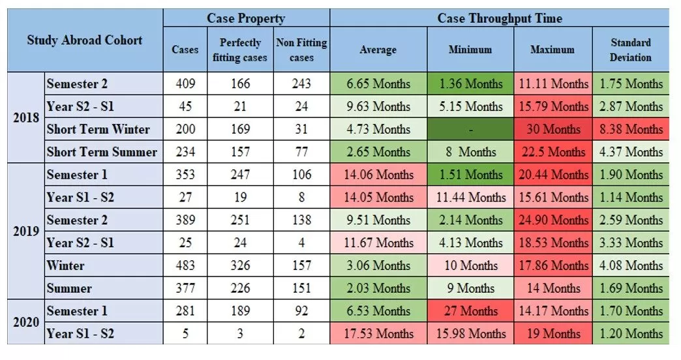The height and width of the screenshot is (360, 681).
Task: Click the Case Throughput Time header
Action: pyautogui.click(x=499, y=18)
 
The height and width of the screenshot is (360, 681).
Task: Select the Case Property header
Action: pyautogui.click(x=246, y=18)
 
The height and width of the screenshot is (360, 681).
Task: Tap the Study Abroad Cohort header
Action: pyautogui.click(x=85, y=40)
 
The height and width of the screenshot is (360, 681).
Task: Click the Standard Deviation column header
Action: pyautogui.click(x=630, y=50)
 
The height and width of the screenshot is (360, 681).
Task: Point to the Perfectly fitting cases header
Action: pyautogui.click(x=240, y=50)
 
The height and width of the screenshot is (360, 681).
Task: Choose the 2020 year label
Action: pyautogui.click(x=26, y=322)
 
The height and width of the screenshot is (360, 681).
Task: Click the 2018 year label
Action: pyautogui.click(x=26, y=118)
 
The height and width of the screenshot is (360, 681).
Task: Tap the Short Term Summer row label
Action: pyautogui.click(x=102, y=152)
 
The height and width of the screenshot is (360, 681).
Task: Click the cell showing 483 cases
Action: pyautogui.click(x=185, y=265)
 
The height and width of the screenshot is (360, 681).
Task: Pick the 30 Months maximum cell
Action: pyautogui.click(x=552, y=129)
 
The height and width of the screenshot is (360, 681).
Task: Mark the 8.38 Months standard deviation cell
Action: pyautogui.click(x=630, y=129)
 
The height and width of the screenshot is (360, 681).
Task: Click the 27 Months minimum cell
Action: pyautogui.click(x=470, y=311)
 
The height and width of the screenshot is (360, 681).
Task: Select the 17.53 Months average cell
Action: pyautogui.click(x=378, y=334)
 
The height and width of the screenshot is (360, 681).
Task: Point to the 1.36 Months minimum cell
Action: pyautogui.click(x=470, y=83)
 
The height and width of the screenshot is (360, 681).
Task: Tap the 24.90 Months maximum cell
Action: pyautogui.click(x=552, y=220)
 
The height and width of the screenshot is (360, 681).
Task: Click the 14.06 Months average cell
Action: pyautogui.click(x=378, y=175)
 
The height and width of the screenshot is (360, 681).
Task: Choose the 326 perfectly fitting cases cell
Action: pyautogui.click(x=240, y=265)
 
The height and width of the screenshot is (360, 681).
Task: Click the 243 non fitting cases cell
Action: pyautogui.click(x=301, y=83)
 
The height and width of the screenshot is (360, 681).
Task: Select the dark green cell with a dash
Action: pyautogui.click(x=470, y=129)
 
